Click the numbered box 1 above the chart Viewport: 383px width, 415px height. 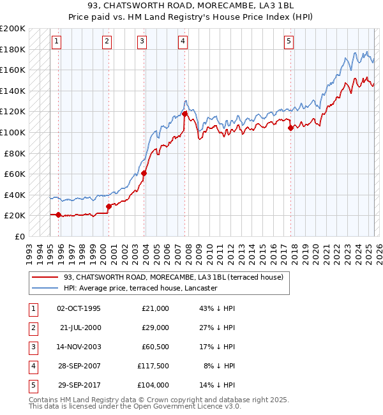tap(57, 41)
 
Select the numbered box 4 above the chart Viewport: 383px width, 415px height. tap(183, 41)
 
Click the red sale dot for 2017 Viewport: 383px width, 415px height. tap(290, 128)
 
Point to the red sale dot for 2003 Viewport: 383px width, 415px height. tap(144, 173)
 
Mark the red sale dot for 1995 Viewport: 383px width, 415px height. tap(59, 215)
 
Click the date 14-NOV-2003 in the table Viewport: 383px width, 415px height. tap(79, 347)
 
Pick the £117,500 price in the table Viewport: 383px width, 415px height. tap(153, 366)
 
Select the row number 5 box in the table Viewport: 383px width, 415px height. tap(32, 385)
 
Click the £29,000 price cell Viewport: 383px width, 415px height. tap(155, 328)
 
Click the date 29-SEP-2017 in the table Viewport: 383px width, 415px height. tap(79, 385)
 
